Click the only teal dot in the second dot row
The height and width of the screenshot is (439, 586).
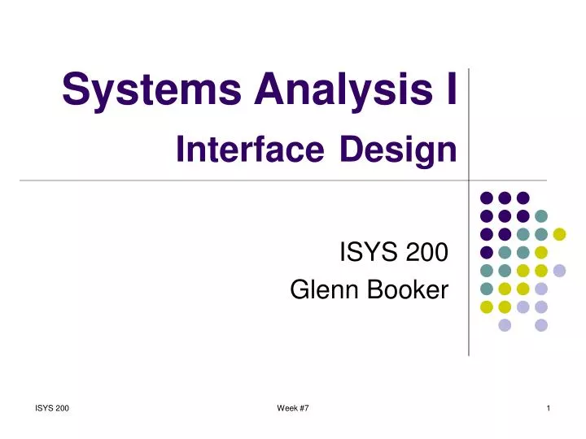(x=541, y=215)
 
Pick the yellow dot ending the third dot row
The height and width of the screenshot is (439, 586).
(x=559, y=234)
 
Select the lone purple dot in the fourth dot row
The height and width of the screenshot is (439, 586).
(x=486, y=252)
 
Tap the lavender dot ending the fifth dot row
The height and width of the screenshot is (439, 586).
(x=559, y=270)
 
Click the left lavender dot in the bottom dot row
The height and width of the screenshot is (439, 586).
(x=505, y=325)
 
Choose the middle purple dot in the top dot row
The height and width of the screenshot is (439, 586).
(x=505, y=198)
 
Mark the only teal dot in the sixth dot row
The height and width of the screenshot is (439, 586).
(x=486, y=289)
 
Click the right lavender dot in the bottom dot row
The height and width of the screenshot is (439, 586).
(x=541, y=325)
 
